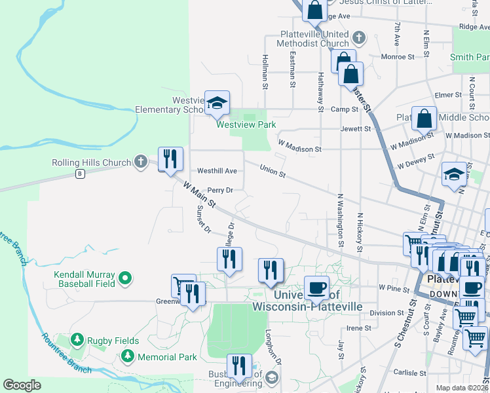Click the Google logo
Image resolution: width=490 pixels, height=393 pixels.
coord(22,384)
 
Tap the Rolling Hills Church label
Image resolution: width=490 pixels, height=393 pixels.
coord(91,162)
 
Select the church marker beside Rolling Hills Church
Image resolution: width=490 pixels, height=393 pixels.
coord(140,162)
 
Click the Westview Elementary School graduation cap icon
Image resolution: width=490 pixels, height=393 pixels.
coord(217,102)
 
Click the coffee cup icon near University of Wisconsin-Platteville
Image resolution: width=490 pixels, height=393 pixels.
coord(317,287)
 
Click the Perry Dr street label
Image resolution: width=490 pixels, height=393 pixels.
coord(220,191)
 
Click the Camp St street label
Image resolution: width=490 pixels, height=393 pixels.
coord(343,109)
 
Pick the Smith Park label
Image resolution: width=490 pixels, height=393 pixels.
coord(470,58)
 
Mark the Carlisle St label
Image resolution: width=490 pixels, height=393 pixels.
coord(410,373)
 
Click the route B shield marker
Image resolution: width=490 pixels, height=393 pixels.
coord(81,174)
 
